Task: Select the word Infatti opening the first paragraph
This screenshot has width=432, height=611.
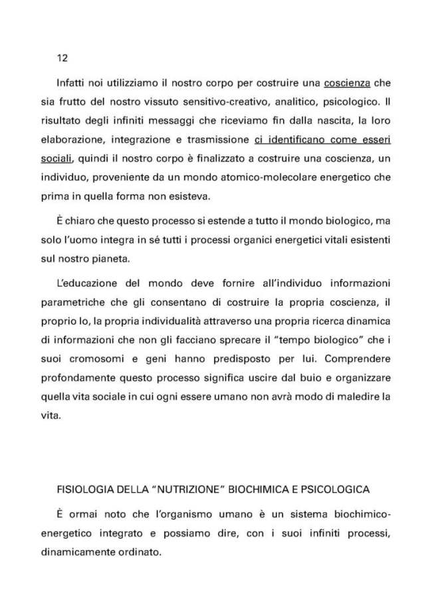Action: (73, 86)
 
